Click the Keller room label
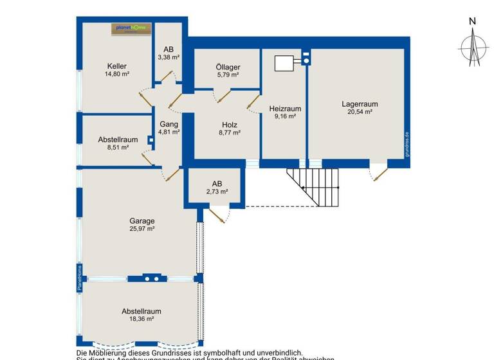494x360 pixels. (116, 66)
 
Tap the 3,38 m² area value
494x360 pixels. (169, 57)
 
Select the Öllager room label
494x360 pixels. (228, 66)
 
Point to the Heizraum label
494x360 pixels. (284, 109)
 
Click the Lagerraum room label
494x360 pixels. (359, 104)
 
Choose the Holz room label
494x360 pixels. (230, 125)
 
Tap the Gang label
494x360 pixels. (169, 123)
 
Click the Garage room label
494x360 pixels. (142, 221)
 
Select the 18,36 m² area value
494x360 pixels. (142, 319)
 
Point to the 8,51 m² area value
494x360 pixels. (118, 147)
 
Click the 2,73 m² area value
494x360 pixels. (217, 192)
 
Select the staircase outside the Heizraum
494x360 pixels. (313, 186)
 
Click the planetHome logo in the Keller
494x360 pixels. (131, 28)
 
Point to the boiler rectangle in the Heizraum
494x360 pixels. (284, 63)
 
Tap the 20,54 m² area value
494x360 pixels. (359, 112)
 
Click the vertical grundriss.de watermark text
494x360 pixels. (407, 145)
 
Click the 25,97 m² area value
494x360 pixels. (142, 229)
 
